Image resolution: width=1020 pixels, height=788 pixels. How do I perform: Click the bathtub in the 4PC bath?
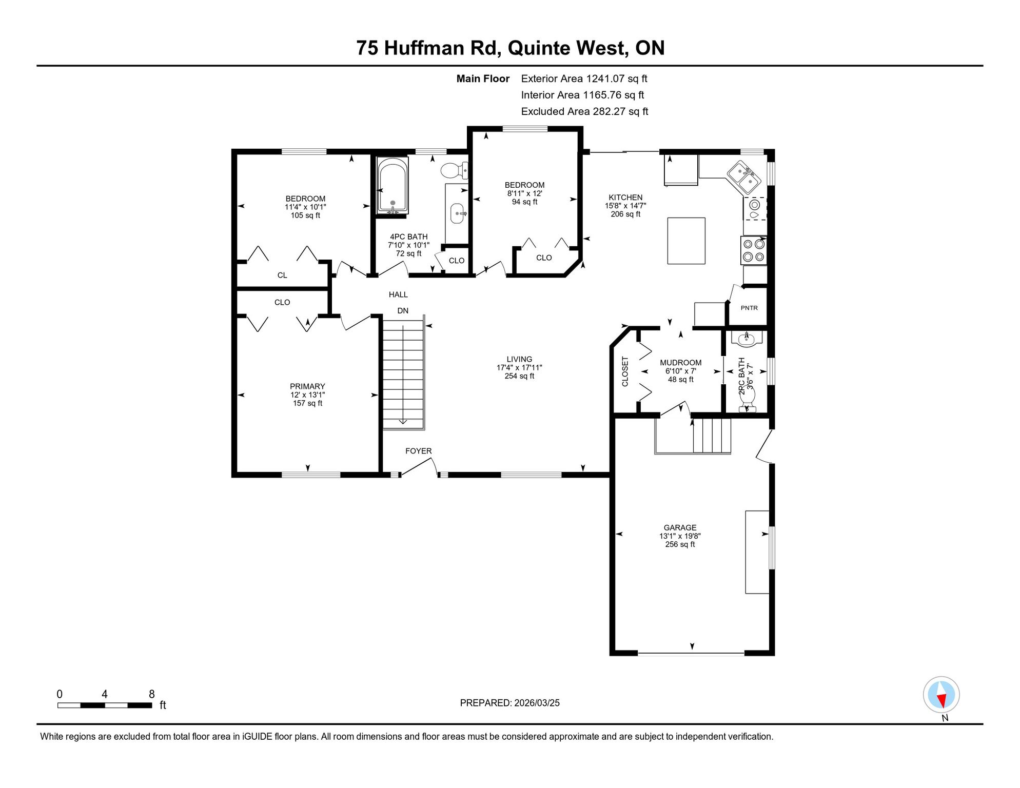pyautogui.click(x=393, y=186)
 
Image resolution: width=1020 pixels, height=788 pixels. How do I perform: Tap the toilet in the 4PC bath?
pyautogui.click(x=454, y=170)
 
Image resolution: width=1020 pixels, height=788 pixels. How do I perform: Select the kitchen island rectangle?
pyautogui.click(x=686, y=241)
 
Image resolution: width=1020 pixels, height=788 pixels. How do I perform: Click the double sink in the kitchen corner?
pyautogui.click(x=743, y=177)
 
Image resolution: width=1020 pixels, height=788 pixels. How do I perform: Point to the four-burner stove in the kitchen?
pyautogui.click(x=754, y=250)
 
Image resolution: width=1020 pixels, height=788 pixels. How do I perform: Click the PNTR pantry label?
pyautogui.click(x=749, y=308)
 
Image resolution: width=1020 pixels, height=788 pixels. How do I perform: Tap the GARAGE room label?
pyautogui.click(x=680, y=527)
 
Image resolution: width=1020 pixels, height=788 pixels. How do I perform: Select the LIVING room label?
pyautogui.click(x=519, y=359)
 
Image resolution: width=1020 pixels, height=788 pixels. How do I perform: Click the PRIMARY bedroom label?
pyautogui.click(x=307, y=386)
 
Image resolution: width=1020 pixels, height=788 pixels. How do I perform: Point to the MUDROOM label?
pyautogui.click(x=680, y=363)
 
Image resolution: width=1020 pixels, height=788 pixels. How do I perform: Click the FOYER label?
pyautogui.click(x=418, y=451)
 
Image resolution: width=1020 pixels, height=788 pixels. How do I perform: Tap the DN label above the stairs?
pyautogui.click(x=403, y=310)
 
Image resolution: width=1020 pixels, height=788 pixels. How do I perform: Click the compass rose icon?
pyautogui.click(x=941, y=695)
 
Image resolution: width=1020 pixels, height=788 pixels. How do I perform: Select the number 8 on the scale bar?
pyautogui.click(x=152, y=694)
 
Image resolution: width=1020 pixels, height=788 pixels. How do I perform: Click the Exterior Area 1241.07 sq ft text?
pyautogui.click(x=584, y=78)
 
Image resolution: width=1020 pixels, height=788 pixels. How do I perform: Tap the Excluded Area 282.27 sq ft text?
pyautogui.click(x=584, y=111)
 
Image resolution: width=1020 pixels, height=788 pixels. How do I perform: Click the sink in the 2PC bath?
pyautogui.click(x=746, y=338)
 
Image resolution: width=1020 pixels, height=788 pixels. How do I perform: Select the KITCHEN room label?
pyautogui.click(x=625, y=197)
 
